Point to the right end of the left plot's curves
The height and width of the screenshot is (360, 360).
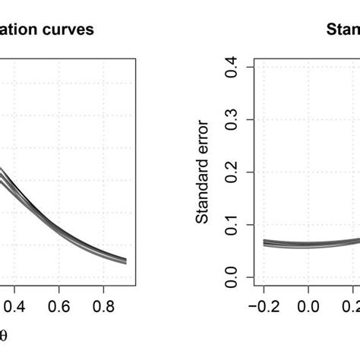coord(125,261)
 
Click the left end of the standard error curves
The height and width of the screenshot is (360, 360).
coord(264,242)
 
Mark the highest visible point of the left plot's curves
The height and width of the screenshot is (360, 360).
coord(2,170)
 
